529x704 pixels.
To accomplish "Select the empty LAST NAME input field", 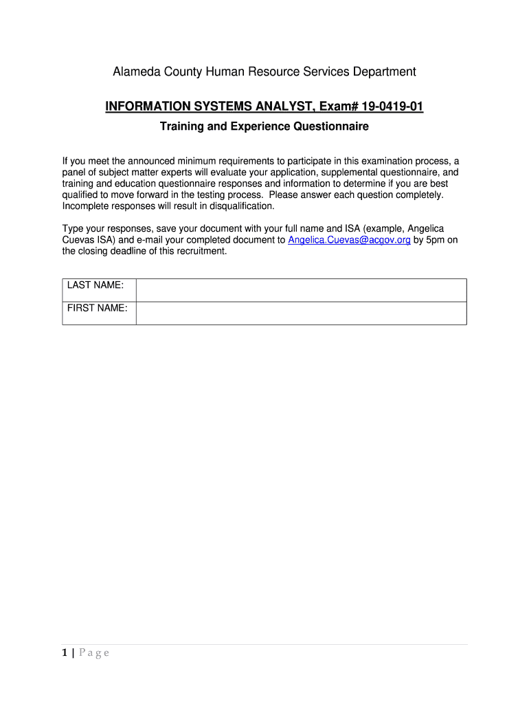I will [301, 290].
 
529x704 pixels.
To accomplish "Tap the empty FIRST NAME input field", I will [301, 313].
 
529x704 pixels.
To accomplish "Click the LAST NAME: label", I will [95, 285].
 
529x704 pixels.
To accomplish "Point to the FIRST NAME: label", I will [97, 308].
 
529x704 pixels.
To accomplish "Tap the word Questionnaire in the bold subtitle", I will [332, 126].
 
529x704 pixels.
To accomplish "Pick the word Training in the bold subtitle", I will [181, 126].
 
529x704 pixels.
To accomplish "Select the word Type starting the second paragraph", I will [74, 228].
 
